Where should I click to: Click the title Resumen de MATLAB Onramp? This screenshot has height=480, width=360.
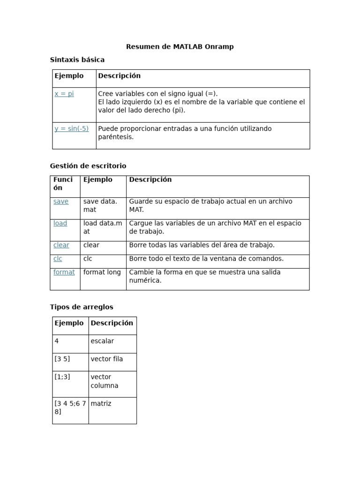coord(180,47)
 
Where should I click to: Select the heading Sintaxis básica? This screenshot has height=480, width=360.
coord(77,60)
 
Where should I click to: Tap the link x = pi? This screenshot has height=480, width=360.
coord(64,94)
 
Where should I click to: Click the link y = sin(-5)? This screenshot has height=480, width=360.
coord(72,128)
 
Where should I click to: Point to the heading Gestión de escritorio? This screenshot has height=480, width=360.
coord(88,166)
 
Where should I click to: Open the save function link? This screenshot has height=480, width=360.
coord(61,202)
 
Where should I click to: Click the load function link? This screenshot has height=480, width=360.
coord(60,223)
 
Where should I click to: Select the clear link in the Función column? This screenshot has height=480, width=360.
coord(61,245)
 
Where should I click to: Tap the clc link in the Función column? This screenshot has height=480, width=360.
coord(58,259)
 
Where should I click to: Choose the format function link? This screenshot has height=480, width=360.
coord(64,272)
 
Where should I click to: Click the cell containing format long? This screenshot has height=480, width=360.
coord(102,272)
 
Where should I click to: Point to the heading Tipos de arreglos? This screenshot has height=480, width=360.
coord(82,307)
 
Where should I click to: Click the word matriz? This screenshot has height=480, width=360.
coord(101,404)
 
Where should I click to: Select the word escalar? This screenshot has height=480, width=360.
coord(102,341)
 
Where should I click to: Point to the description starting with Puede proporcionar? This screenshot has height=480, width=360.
coord(185,133)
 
